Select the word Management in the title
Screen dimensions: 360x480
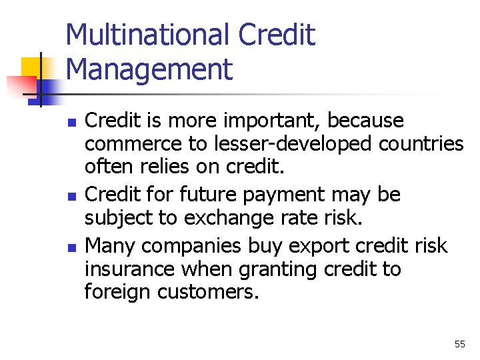coord(149,69)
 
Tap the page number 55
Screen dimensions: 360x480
coord(459,344)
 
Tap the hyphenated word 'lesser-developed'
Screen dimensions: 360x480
coord(297,144)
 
